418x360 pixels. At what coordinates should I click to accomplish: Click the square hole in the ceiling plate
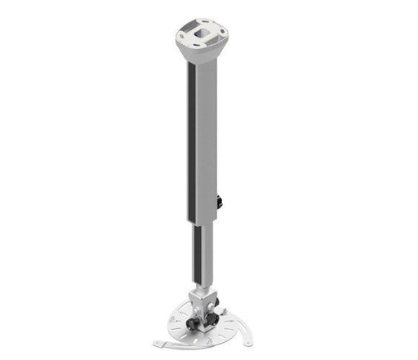click(202, 33)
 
